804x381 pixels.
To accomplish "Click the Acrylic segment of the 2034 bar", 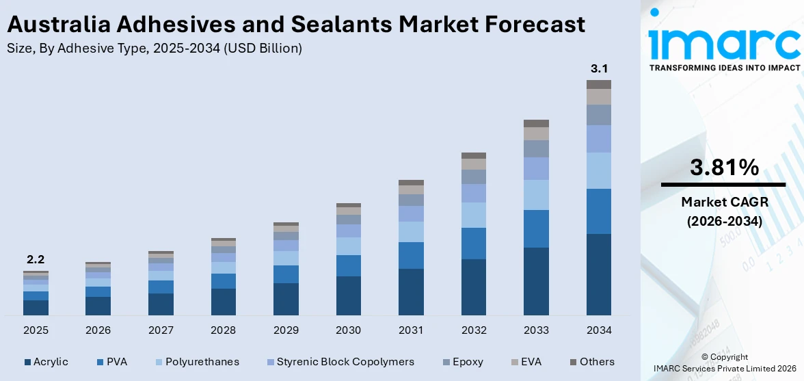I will (x=599, y=274).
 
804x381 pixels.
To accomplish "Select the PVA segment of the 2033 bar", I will (x=536, y=228).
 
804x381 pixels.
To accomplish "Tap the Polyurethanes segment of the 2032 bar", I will (x=473, y=215).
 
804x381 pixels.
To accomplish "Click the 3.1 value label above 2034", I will (x=599, y=68).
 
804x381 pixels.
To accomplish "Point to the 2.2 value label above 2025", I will (x=36, y=260).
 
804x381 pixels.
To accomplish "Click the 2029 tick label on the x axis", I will (x=286, y=330).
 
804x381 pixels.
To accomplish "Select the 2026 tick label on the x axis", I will (x=98, y=330).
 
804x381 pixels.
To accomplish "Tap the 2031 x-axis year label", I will (x=411, y=330).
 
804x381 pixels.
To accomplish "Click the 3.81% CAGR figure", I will (x=724, y=167).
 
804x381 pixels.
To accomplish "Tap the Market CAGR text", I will (x=724, y=202).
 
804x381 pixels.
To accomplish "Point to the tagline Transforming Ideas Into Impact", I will (x=724, y=68).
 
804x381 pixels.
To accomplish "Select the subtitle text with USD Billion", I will (x=154, y=49).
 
